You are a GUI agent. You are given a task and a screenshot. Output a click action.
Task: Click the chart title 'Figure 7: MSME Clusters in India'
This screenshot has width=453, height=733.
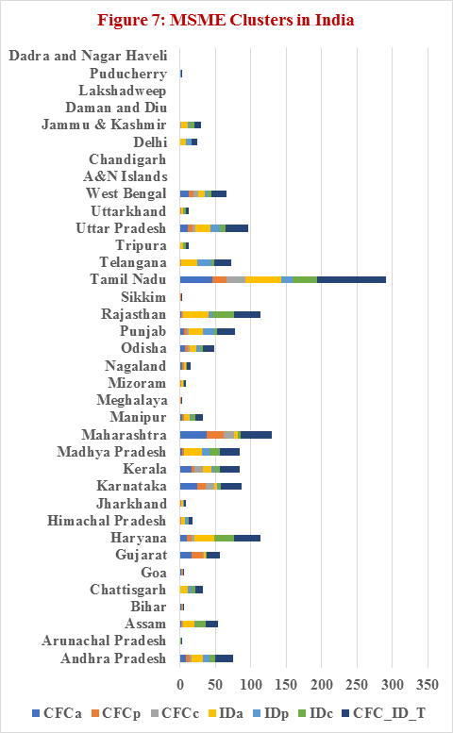[x=226, y=20]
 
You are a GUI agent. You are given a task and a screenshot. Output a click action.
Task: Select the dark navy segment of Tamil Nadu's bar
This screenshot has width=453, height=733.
[x=352, y=279]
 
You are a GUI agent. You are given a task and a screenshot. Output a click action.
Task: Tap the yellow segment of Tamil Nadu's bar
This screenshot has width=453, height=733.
[x=263, y=279]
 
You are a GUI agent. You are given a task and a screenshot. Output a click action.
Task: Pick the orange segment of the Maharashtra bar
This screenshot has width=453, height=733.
[x=215, y=435]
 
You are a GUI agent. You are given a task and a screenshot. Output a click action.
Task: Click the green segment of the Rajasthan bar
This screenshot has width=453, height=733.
[x=223, y=314]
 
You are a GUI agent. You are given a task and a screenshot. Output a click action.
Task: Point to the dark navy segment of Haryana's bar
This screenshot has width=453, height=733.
[x=247, y=538]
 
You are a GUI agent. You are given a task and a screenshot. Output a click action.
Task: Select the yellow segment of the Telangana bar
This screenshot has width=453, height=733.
[x=190, y=262]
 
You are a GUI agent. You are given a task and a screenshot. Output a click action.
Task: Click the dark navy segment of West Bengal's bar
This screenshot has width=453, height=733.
[x=219, y=193]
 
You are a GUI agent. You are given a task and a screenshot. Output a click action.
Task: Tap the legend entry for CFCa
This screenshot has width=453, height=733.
[x=57, y=713]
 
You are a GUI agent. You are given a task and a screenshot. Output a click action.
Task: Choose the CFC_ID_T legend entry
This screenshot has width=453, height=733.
[x=383, y=713]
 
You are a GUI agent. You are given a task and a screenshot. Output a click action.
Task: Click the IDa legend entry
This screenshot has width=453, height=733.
[x=226, y=713]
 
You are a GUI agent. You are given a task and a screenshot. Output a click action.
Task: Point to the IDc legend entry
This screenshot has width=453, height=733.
[x=315, y=713]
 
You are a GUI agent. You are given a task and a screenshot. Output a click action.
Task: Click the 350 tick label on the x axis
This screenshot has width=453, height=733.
[x=428, y=685]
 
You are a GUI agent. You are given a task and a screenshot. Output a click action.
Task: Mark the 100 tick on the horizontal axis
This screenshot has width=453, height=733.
[x=251, y=685]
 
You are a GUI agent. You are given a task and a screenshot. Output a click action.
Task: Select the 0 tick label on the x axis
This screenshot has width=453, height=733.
[x=180, y=685]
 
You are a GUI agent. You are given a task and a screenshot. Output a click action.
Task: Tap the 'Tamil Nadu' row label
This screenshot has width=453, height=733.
[x=128, y=279]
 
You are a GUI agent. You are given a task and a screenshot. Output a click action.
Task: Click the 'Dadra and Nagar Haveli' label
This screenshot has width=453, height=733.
[x=88, y=56]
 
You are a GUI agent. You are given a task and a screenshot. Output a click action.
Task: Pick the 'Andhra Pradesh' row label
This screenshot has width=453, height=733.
[x=113, y=658]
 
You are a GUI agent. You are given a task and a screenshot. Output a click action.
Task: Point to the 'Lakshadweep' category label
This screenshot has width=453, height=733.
[x=123, y=91]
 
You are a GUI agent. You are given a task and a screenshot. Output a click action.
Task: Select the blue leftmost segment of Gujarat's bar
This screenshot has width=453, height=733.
[x=186, y=555]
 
